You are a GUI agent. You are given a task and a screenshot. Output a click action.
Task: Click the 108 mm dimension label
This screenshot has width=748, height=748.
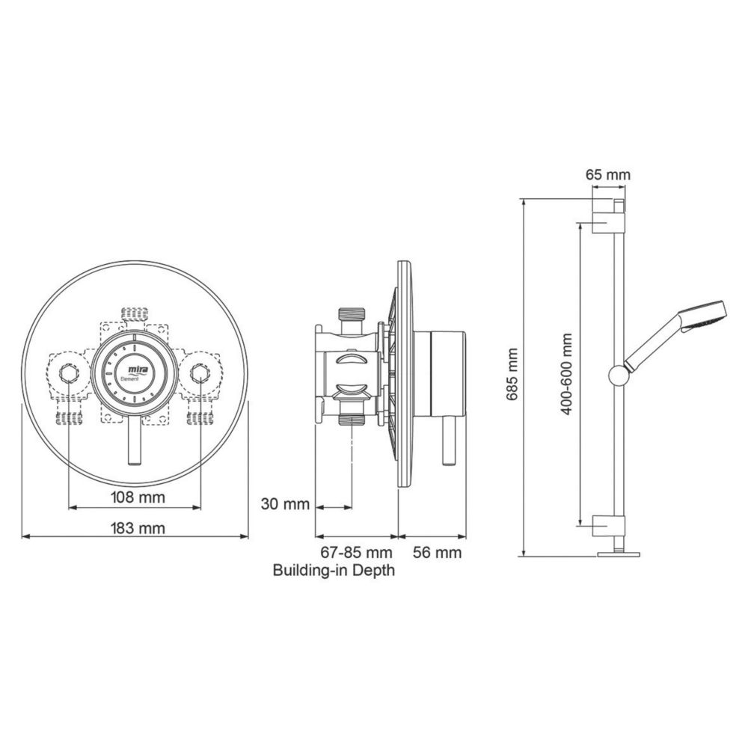[x=135, y=497]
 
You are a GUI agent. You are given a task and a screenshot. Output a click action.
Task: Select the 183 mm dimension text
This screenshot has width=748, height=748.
[x=135, y=528]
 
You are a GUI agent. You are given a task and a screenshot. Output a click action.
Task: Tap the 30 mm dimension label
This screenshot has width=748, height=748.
[x=284, y=503]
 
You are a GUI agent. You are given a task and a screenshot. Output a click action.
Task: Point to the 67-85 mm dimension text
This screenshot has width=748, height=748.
[x=356, y=554]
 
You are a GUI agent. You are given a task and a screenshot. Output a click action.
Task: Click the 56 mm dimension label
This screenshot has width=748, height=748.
[x=438, y=554]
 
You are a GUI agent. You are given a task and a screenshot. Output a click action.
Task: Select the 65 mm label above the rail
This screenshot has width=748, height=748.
[x=607, y=175]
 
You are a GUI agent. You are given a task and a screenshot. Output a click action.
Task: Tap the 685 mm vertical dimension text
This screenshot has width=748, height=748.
[x=513, y=373]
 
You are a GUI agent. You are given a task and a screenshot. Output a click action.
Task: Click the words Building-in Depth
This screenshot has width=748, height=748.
[x=334, y=571]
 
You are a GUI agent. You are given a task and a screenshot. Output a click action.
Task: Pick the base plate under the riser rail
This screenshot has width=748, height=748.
[x=619, y=554]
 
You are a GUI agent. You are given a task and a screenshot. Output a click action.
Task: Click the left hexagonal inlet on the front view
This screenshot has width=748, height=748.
[x=70, y=372]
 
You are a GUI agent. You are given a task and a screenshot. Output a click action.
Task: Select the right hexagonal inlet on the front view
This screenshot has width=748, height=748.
[x=200, y=372]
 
